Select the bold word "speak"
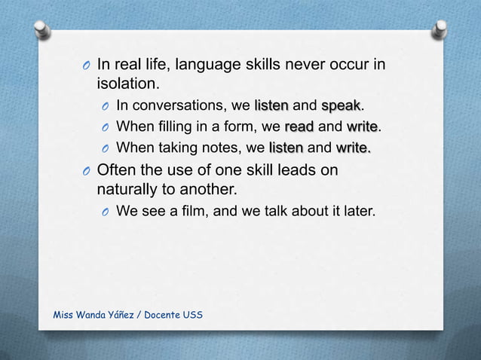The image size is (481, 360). click(x=341, y=105)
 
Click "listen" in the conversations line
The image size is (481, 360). click(x=272, y=105)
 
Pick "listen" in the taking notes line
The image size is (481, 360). click(x=286, y=146)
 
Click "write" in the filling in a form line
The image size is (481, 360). click(x=361, y=125)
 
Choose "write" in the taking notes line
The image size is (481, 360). click(x=353, y=146)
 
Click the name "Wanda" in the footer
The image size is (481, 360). click(x=101, y=313)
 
